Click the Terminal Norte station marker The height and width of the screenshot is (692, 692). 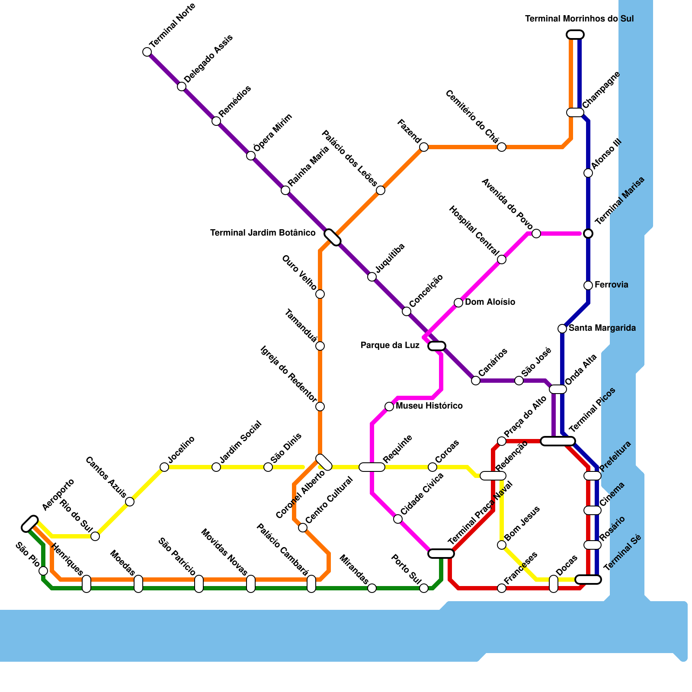[147, 52]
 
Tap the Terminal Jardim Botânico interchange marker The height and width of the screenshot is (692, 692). [333, 237]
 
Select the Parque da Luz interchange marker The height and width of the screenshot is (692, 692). [437, 346]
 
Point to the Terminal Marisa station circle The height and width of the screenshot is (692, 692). [588, 234]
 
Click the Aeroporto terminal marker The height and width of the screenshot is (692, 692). [30, 524]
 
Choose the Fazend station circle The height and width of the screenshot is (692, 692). [424, 147]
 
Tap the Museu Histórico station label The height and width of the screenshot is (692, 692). [429, 406]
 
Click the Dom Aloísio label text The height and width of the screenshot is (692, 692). [490, 302]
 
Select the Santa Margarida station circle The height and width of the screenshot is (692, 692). [562, 329]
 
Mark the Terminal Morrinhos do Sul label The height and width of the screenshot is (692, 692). [579, 19]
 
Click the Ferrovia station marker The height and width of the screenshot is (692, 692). [588, 285]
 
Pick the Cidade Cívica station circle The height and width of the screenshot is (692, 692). [398, 519]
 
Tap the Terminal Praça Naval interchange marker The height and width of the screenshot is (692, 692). [441, 554]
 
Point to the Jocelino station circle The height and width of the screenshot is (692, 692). [164, 467]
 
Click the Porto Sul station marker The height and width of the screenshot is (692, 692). [424, 588]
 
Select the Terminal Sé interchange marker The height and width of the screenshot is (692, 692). [588, 580]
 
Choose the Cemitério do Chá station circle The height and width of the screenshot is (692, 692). [502, 147]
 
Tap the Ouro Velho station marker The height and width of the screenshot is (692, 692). [320, 294]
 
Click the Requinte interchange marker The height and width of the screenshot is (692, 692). [372, 467]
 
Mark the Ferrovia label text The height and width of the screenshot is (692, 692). [611, 285]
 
